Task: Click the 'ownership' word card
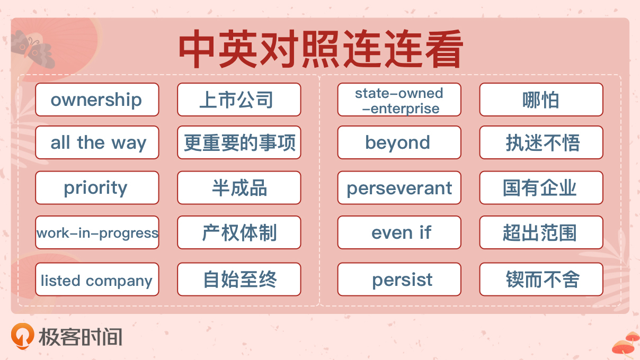tap(97, 100)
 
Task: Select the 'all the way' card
tap(97, 142)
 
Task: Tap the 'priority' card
tap(97, 187)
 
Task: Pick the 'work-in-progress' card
tap(97, 232)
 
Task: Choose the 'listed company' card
tap(97, 279)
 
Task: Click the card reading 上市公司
tap(239, 100)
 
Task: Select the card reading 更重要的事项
tap(239, 142)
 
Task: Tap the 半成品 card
tap(239, 187)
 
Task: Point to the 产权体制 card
tap(239, 232)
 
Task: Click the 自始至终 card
tap(239, 279)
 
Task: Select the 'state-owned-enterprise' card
tap(399, 100)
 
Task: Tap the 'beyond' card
tap(399, 142)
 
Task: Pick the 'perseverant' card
tap(399, 187)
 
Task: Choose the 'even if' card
tap(399, 232)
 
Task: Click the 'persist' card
tap(399, 279)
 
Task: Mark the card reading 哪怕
tap(541, 100)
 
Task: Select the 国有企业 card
tap(541, 187)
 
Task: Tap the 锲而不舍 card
tap(541, 279)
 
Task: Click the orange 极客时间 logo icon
tap(23, 336)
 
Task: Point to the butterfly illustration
tap(32, 49)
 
